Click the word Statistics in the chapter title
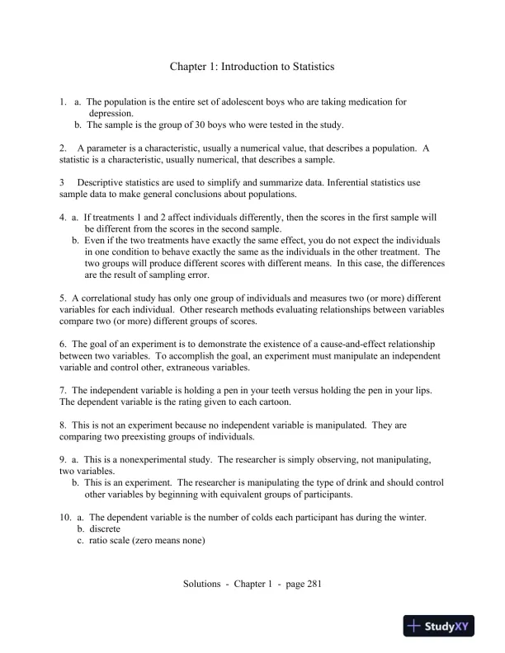point(308,65)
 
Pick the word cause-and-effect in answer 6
point(325,344)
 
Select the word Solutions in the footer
point(202,585)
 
